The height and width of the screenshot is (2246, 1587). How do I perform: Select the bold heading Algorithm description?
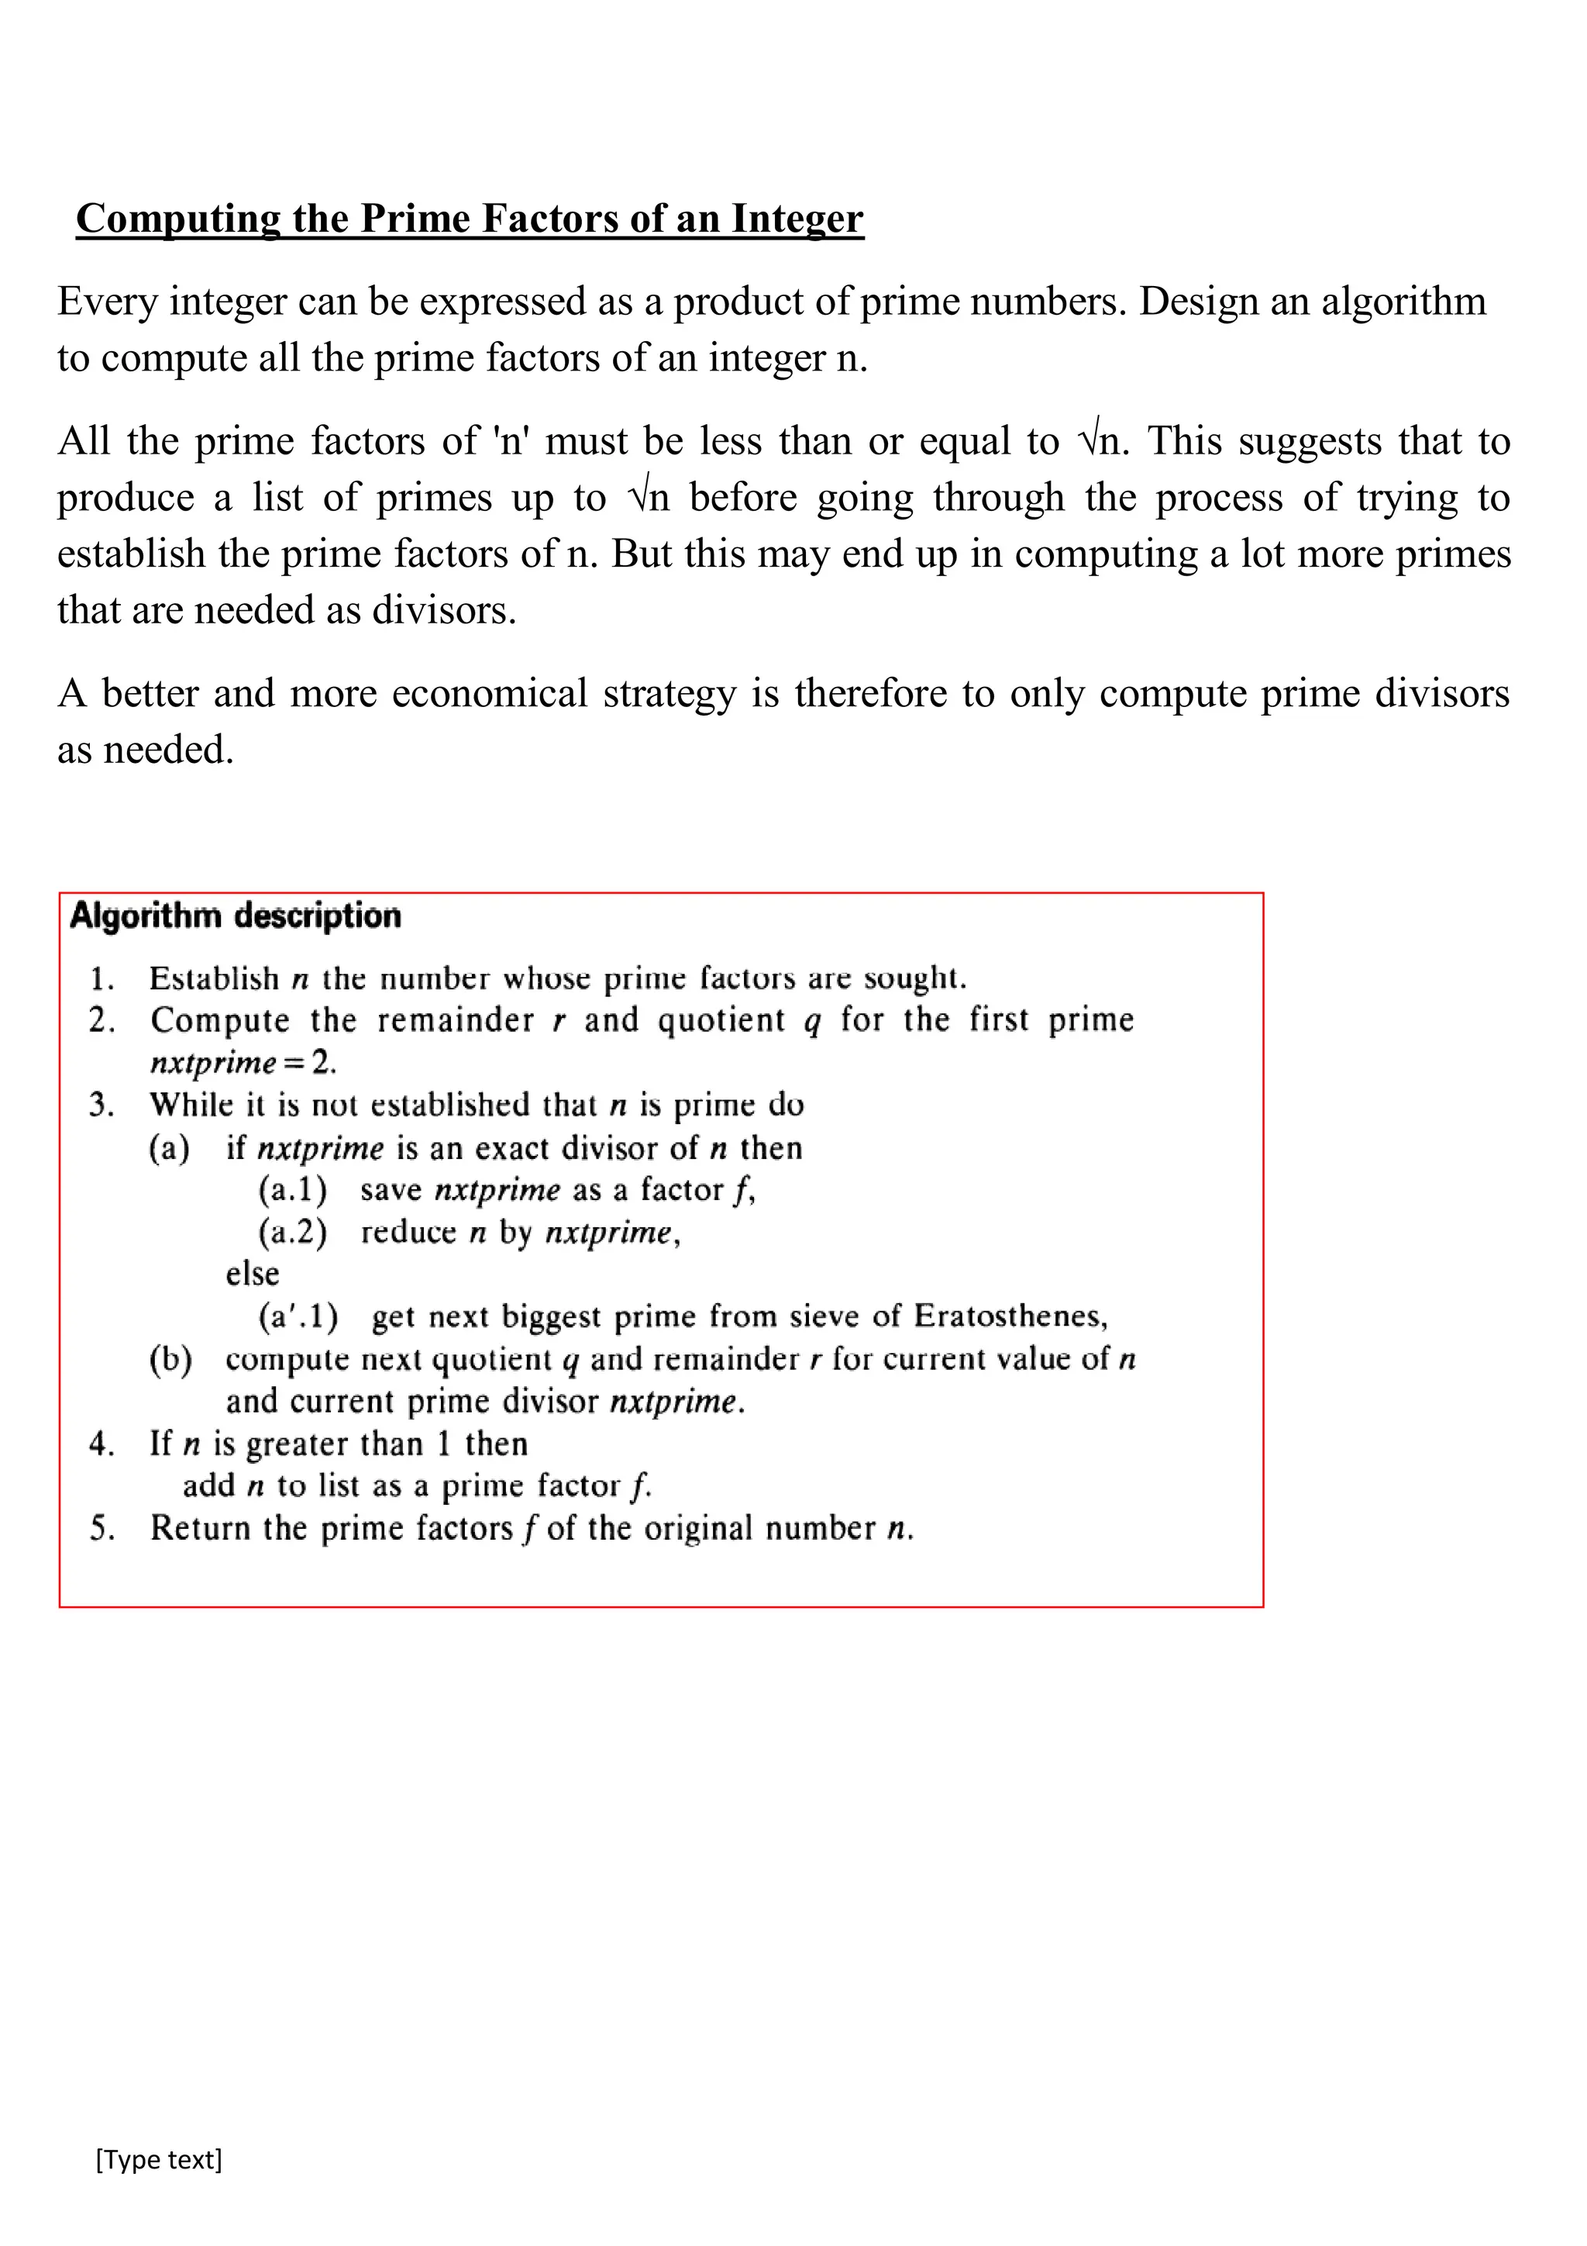[x=236, y=916]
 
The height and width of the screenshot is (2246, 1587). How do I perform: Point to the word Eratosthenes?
[x=1010, y=1316]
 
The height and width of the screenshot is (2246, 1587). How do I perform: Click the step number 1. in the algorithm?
[x=102, y=979]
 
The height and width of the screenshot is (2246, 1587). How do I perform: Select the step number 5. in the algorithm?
[x=102, y=1529]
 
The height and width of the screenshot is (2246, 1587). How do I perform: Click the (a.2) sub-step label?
[x=292, y=1233]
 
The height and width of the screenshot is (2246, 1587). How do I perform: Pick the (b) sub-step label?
[x=170, y=1360]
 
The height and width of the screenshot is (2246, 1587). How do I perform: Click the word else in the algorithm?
[x=253, y=1275]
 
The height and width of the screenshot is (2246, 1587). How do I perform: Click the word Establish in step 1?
[x=214, y=979]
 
